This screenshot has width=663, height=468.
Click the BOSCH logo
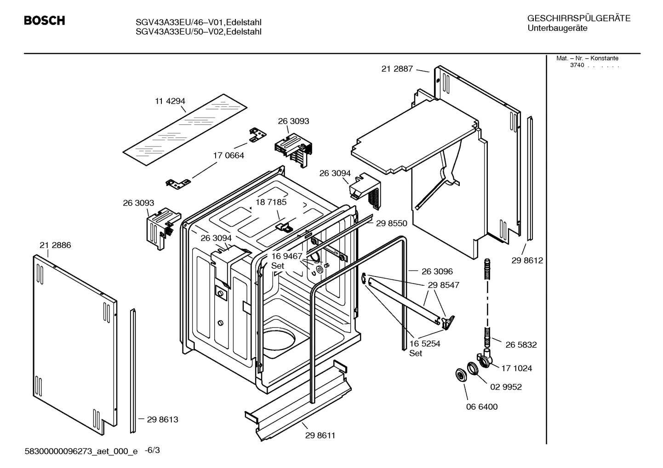coord(44,21)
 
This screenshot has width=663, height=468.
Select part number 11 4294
coord(170,101)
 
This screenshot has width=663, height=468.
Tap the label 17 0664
coord(228,155)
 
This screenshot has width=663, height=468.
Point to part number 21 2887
coord(397,69)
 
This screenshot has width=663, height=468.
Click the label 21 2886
coord(55,245)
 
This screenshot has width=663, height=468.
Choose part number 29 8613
coord(162,419)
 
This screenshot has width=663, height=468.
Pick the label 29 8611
coord(320,435)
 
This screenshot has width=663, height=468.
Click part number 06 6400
coord(482,406)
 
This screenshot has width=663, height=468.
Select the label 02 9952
coord(506,387)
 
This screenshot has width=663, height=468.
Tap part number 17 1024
coord(517,368)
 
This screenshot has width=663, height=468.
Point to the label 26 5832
coord(521,344)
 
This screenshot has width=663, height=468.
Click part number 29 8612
coord(527,260)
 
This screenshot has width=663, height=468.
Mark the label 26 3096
coord(437,271)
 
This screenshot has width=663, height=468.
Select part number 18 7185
coord(271,202)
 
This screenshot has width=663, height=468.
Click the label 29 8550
coord(391,223)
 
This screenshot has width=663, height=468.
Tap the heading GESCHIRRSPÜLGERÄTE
coord(578,18)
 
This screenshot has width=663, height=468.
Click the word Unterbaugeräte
coord(557,28)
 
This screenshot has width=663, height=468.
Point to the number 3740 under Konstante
coord(577,65)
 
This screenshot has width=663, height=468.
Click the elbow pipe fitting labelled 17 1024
coord(484,358)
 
